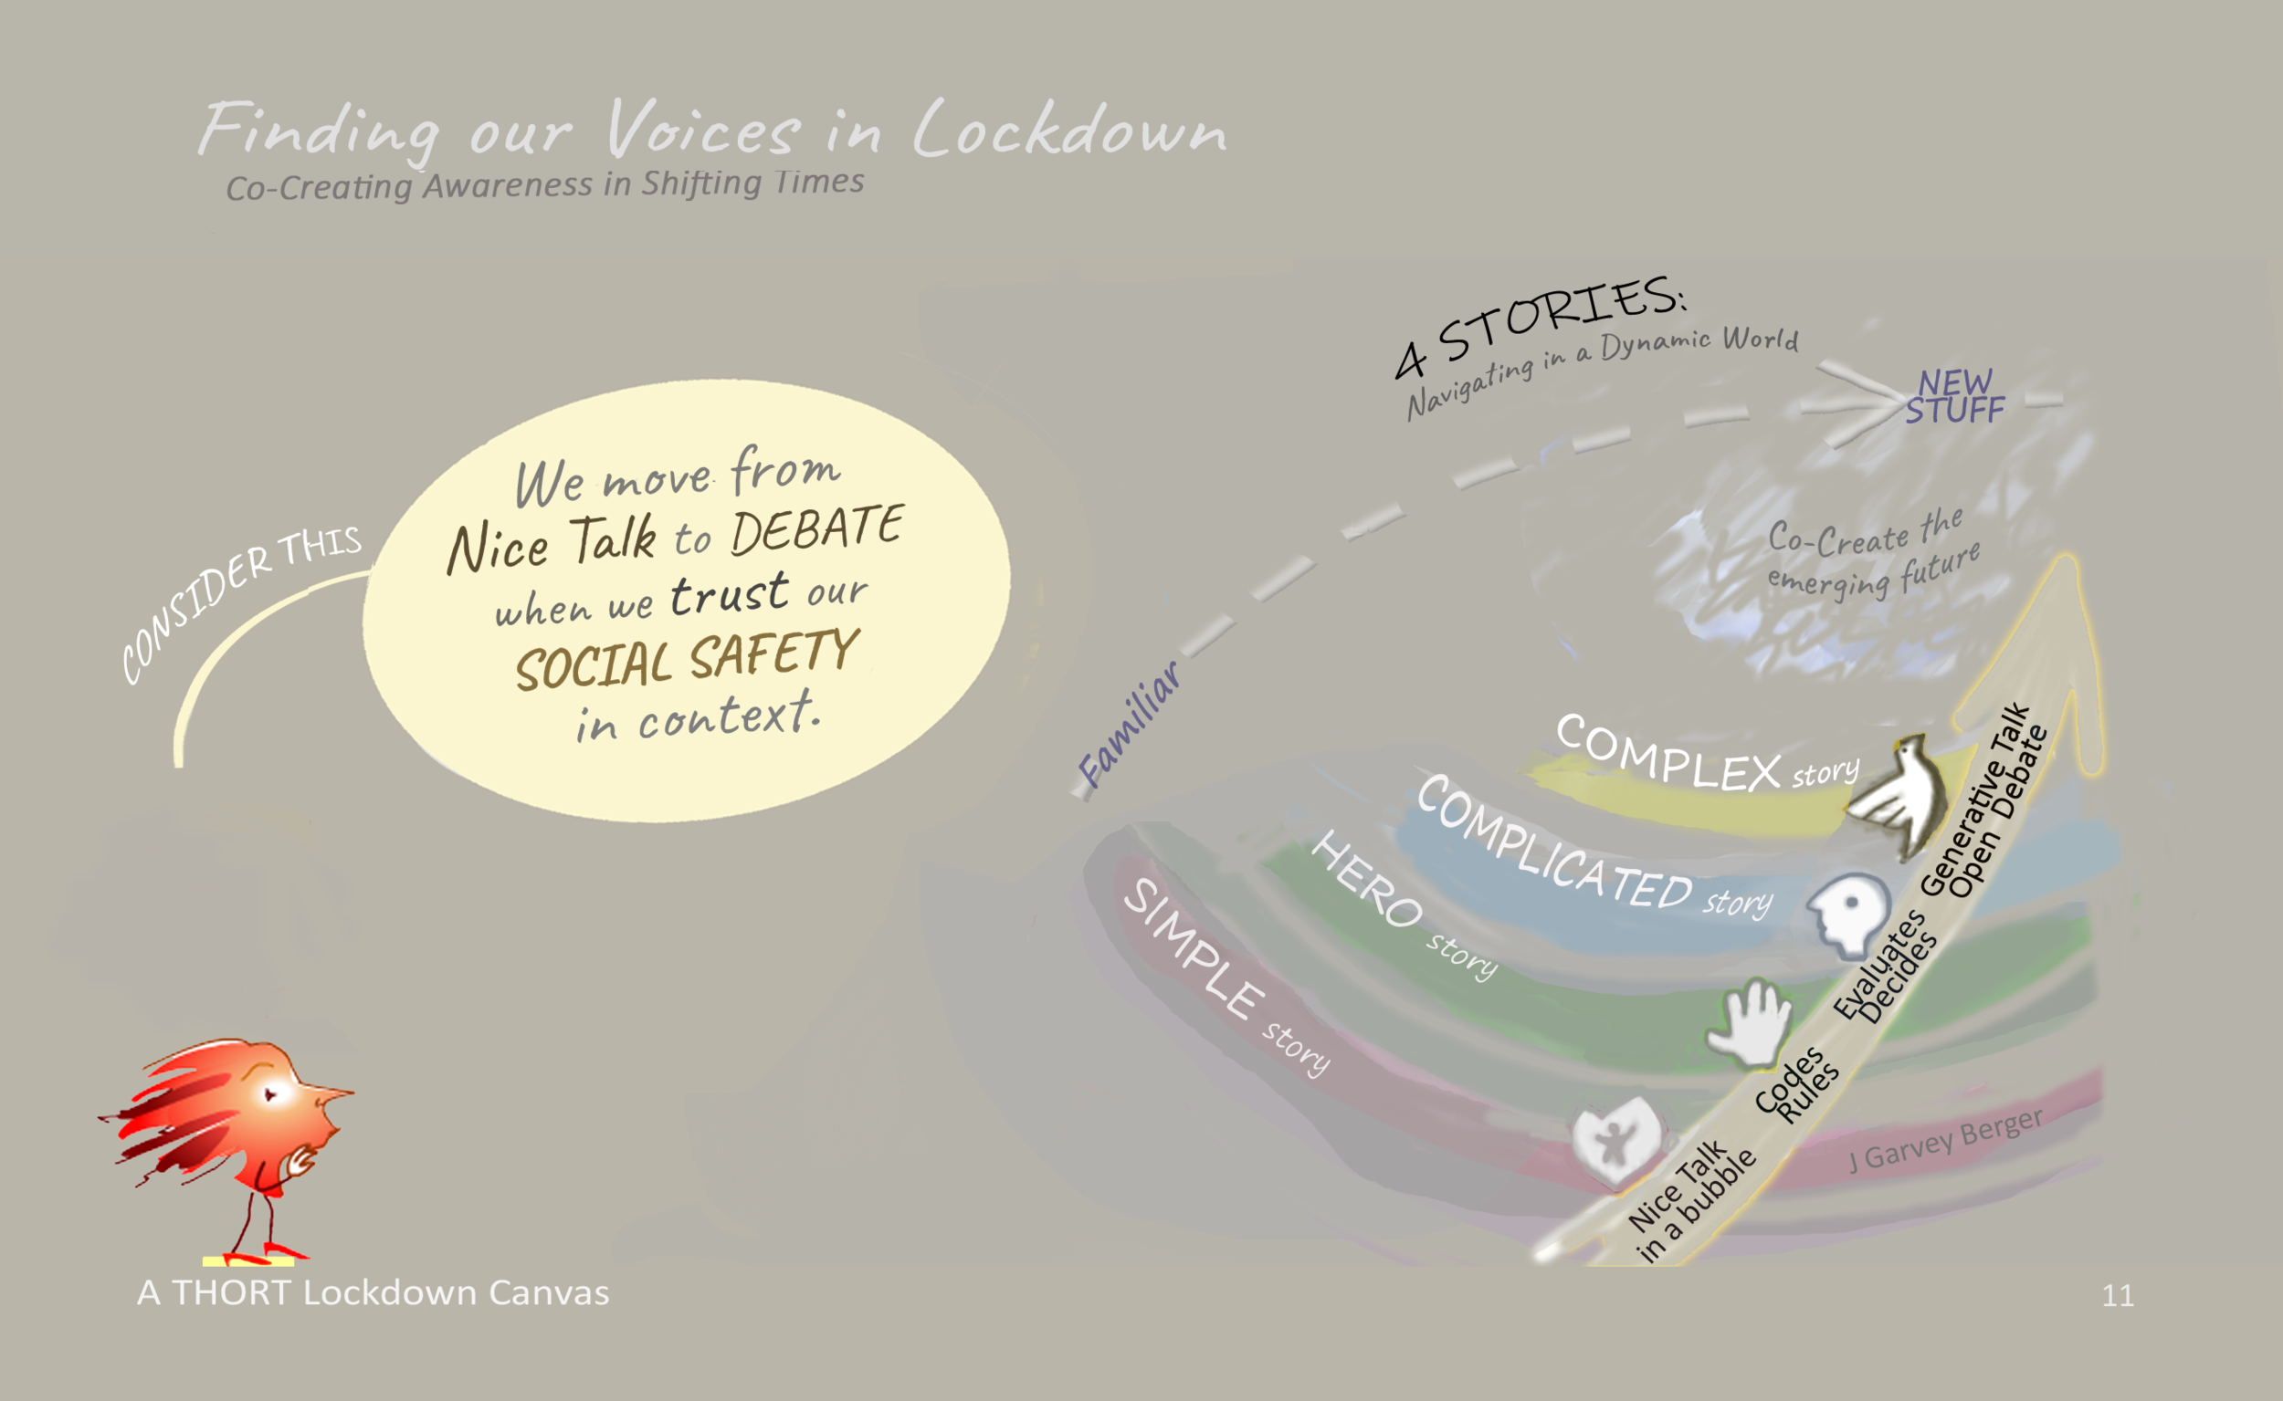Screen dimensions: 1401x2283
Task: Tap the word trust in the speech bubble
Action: tap(730, 594)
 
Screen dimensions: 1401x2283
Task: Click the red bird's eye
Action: tap(270, 1095)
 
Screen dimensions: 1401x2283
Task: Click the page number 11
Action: tap(2118, 1295)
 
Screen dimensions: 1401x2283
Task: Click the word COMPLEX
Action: tap(1668, 754)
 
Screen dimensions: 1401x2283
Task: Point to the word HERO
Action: tap(1366, 878)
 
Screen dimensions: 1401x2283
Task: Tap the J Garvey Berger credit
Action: tap(1946, 1140)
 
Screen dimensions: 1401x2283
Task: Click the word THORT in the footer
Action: tap(232, 1292)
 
